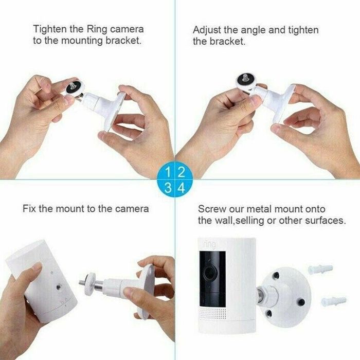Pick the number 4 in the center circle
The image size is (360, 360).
pos(181,187)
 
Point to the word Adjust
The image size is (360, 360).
pos(206,30)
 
